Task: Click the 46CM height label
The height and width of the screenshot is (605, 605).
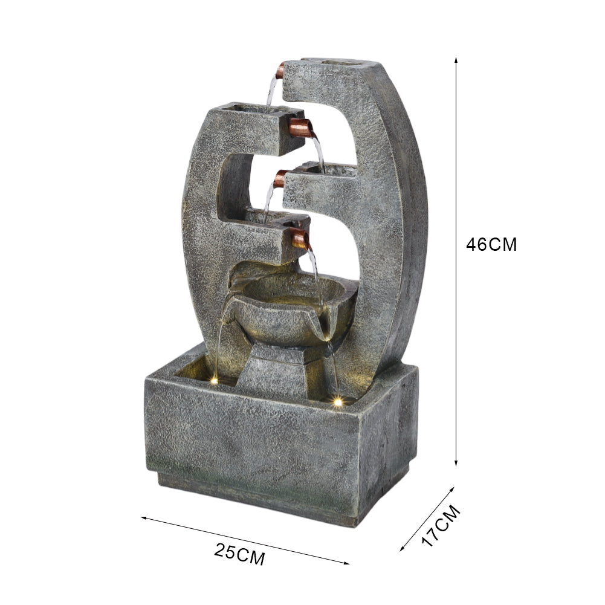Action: (491, 245)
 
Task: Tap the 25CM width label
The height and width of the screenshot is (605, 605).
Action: (240, 554)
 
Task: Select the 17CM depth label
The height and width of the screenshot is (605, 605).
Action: (441, 525)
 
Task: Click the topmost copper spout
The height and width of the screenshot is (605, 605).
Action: (280, 70)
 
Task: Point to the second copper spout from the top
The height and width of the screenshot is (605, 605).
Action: (301, 128)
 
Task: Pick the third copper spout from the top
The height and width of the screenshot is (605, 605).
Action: (280, 178)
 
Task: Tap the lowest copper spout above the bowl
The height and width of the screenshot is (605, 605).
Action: (300, 238)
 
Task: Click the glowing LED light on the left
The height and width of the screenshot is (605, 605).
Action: (215, 381)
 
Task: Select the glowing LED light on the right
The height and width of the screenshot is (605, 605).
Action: (338, 402)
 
